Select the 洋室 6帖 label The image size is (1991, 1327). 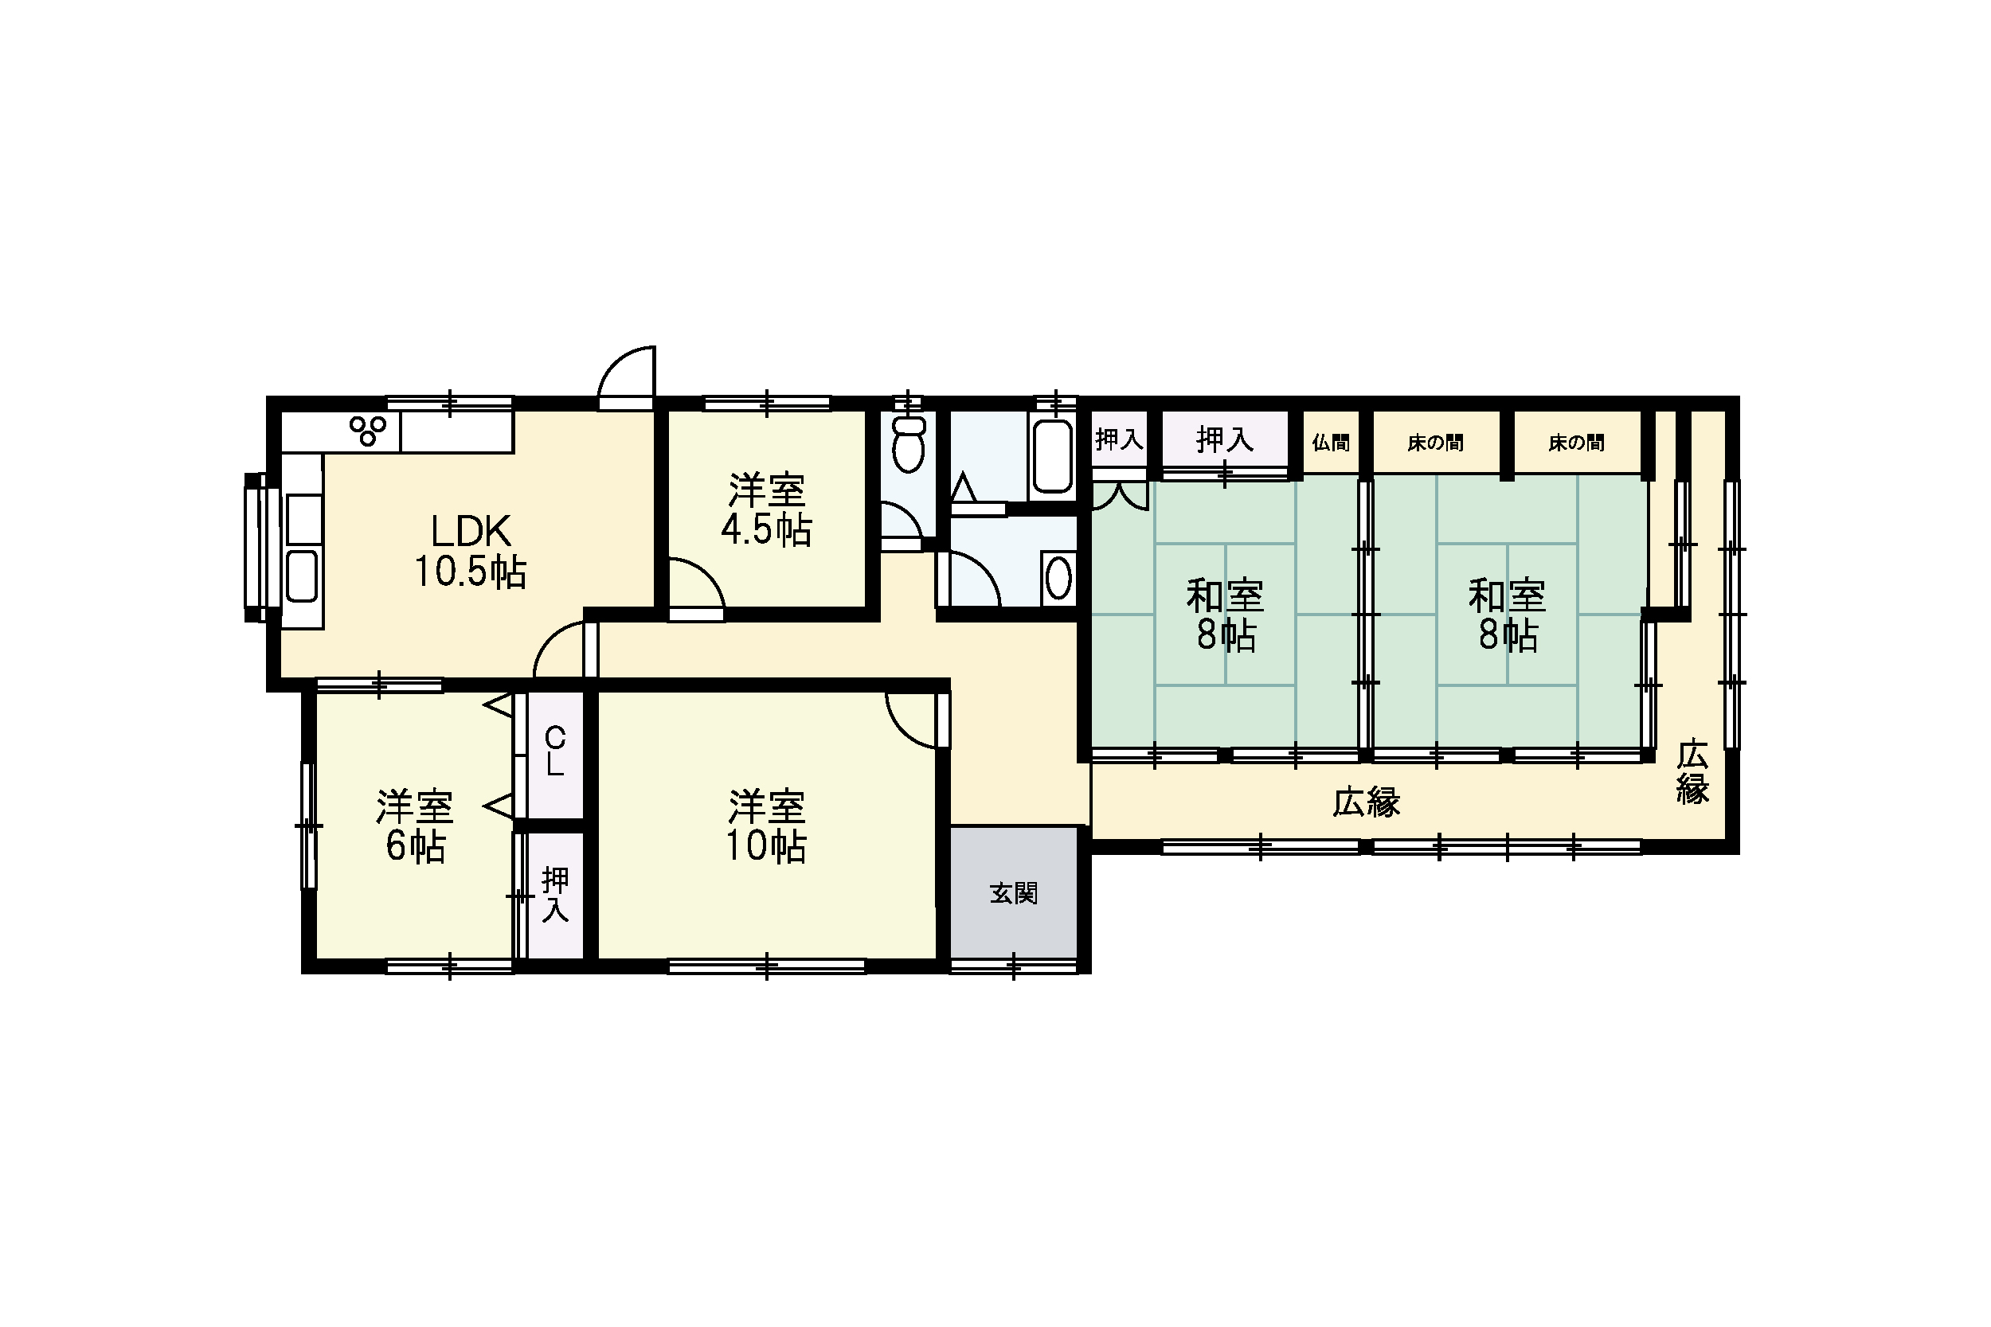415,826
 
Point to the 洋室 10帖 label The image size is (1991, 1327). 766,826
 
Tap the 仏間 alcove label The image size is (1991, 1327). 1331,443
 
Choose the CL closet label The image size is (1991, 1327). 554,751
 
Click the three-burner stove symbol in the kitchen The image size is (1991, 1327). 368,430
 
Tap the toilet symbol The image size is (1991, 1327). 909,440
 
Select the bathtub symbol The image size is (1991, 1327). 1052,452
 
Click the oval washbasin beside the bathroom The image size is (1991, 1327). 1059,578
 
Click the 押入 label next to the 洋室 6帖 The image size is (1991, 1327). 555,895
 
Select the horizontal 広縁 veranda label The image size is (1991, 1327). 1367,802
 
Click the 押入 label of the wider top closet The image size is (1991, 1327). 1224,439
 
